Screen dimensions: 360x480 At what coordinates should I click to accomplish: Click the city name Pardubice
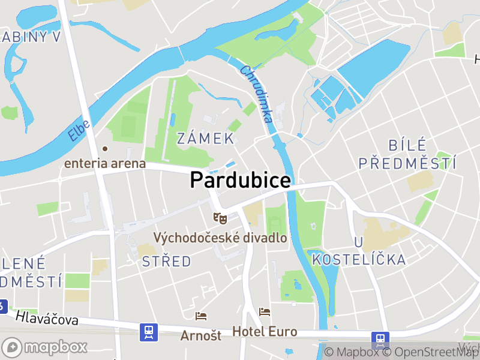tap(241, 180)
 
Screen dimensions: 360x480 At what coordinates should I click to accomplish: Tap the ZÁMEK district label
tap(205, 139)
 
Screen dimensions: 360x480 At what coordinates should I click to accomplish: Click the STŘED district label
tap(167, 262)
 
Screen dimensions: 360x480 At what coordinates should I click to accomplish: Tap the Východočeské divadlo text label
tap(220, 238)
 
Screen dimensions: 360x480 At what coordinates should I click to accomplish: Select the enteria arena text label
tap(105, 163)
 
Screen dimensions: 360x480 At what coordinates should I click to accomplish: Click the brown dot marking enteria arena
tap(105, 148)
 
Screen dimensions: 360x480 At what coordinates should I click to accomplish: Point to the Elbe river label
tap(79, 131)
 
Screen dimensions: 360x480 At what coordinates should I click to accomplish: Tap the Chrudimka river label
tap(257, 94)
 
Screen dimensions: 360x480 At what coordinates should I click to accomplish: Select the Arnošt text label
tap(201, 335)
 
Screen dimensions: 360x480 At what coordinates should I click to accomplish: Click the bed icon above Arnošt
tap(201, 316)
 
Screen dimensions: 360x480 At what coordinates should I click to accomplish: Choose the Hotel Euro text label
tap(265, 331)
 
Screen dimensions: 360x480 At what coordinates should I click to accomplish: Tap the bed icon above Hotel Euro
tap(265, 312)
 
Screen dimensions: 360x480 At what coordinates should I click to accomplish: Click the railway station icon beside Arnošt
tap(148, 332)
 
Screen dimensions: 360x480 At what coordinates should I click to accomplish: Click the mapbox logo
tap(46, 347)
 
